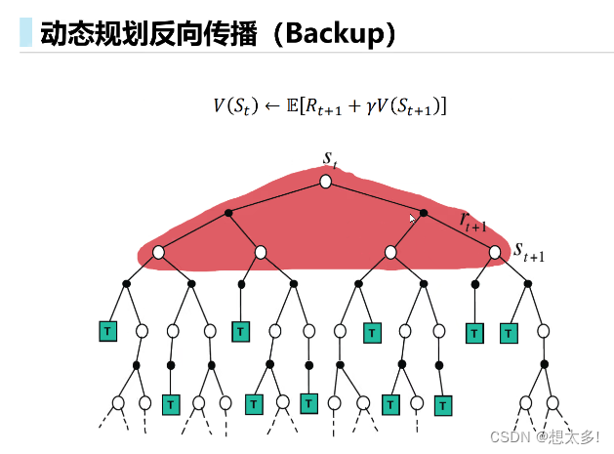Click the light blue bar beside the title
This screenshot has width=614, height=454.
(x=25, y=34)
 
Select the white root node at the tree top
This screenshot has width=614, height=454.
(x=326, y=182)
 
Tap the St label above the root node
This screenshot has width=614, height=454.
(x=329, y=157)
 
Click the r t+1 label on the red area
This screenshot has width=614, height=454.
(x=473, y=220)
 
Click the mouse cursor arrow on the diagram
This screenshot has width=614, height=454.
(x=413, y=219)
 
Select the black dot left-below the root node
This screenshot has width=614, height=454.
(x=228, y=212)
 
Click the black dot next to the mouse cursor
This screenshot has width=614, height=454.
(x=425, y=212)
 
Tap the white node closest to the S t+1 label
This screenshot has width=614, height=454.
(x=495, y=252)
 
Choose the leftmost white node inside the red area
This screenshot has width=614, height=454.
(x=158, y=252)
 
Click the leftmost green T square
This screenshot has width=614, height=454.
(x=107, y=331)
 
